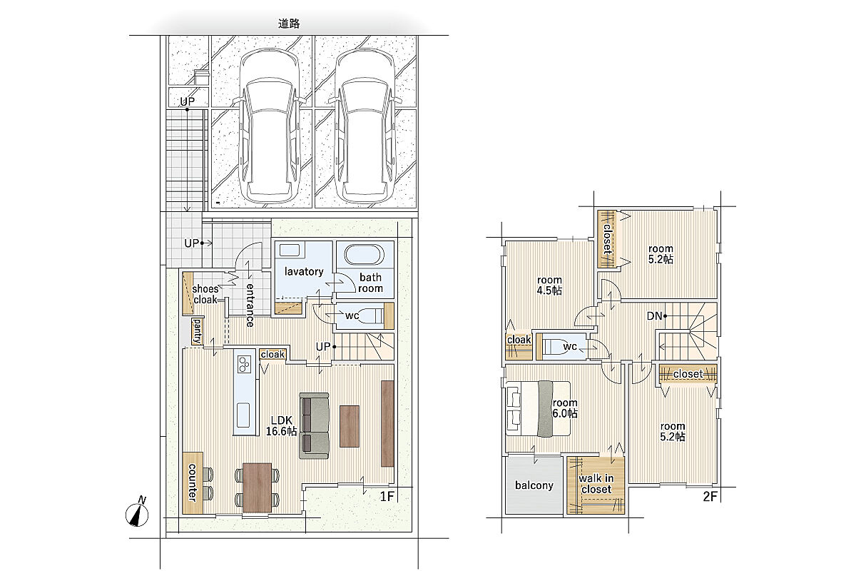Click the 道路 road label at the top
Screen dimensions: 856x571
click(x=289, y=24)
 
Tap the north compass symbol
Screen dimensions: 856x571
click(x=137, y=512)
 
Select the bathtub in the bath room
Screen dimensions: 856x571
click(x=365, y=254)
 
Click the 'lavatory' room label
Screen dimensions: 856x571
click(x=304, y=271)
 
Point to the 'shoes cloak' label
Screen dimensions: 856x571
click(x=205, y=294)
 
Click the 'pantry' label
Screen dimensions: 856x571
click(x=197, y=331)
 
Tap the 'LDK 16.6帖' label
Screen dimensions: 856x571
click(x=281, y=425)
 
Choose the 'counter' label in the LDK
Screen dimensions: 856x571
click(x=192, y=482)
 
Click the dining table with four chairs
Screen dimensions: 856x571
click(x=258, y=487)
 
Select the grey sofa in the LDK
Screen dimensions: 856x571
click(x=314, y=425)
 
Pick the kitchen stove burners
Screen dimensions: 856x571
click(x=244, y=364)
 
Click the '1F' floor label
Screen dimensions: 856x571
click(x=387, y=497)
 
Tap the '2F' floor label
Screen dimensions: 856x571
click(x=710, y=497)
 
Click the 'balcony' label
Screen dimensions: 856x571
click(x=534, y=485)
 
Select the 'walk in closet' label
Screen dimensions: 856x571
click(x=596, y=484)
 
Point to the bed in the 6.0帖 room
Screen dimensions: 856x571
click(x=538, y=408)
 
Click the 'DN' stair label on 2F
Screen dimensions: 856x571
click(x=654, y=316)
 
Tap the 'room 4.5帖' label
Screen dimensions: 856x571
click(x=549, y=285)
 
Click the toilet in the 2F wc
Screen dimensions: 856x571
click(x=556, y=347)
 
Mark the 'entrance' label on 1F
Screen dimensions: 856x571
click(x=250, y=305)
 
